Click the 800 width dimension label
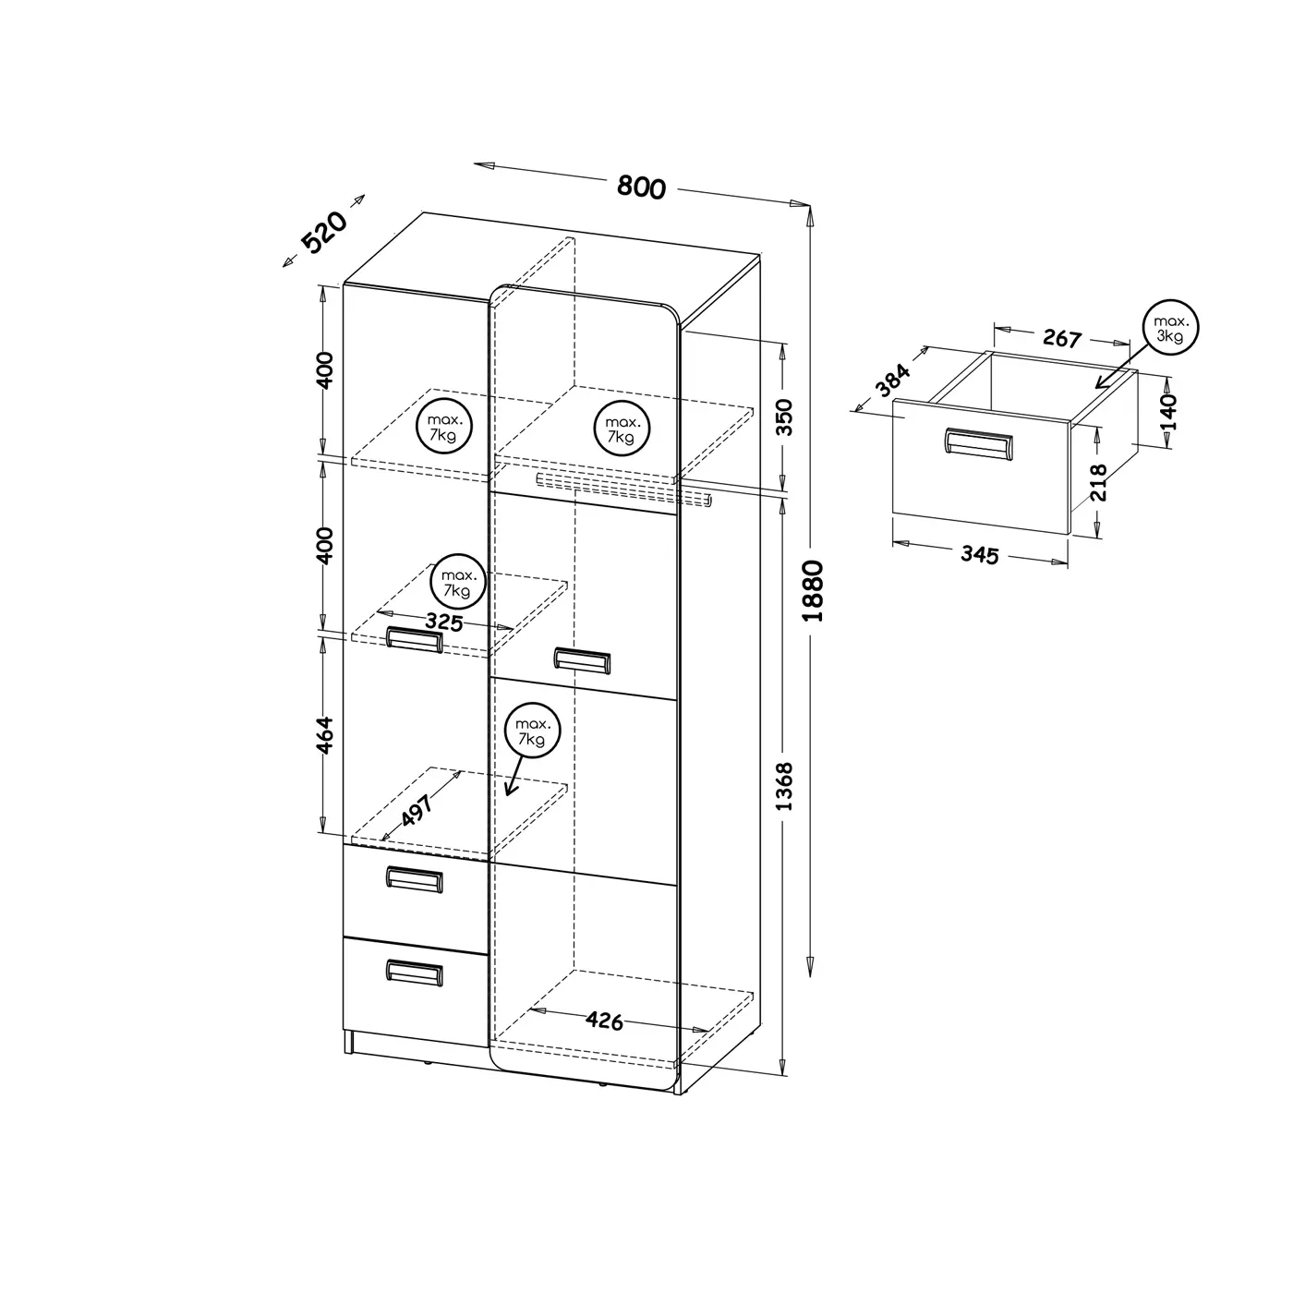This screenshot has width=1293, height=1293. click(x=641, y=187)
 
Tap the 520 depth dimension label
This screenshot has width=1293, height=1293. click(x=325, y=232)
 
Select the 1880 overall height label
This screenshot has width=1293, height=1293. click(x=813, y=591)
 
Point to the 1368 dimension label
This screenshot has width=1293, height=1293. click(x=784, y=786)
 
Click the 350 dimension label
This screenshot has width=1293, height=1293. click(x=784, y=417)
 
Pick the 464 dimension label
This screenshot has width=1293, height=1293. click(x=324, y=735)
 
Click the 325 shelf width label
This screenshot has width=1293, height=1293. click(x=443, y=622)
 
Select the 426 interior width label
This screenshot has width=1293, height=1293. click(x=604, y=1021)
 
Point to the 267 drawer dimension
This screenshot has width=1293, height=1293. click(x=1062, y=338)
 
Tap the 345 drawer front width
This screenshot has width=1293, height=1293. click(x=980, y=554)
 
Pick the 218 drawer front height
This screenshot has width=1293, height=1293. click(x=1098, y=482)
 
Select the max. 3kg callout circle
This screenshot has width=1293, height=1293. click(x=1170, y=328)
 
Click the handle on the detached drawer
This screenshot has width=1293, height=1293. click(x=978, y=444)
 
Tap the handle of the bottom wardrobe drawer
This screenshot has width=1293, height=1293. click(x=414, y=973)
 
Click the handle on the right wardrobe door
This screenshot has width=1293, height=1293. click(x=583, y=660)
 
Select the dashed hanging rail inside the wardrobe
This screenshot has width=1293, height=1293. click(x=623, y=488)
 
